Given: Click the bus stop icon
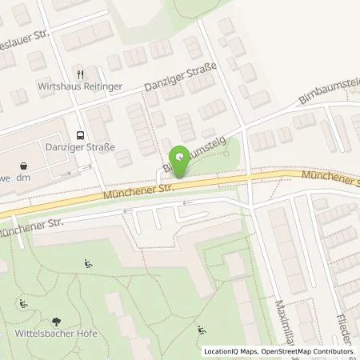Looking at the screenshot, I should tap(79, 134).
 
